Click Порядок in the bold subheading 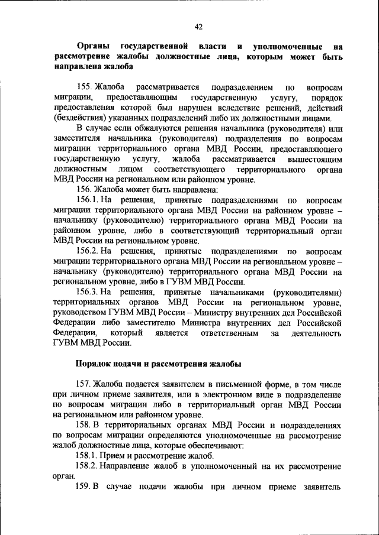94,364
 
